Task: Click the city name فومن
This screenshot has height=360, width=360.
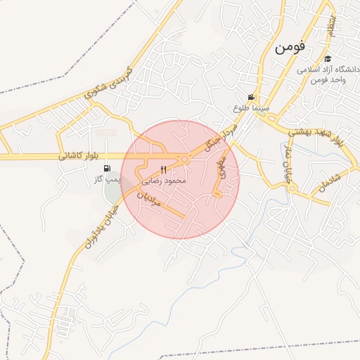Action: click(x=288, y=48)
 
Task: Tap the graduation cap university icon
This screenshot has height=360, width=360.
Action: click(x=328, y=58)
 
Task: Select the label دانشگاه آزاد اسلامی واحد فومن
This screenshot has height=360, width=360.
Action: click(x=328, y=74)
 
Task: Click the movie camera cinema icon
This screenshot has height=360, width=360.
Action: click(x=251, y=97)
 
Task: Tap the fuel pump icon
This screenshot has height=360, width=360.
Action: click(x=107, y=168)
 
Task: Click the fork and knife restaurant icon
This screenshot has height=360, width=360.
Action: click(x=164, y=169)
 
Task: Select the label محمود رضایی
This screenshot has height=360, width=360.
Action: click(x=164, y=181)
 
